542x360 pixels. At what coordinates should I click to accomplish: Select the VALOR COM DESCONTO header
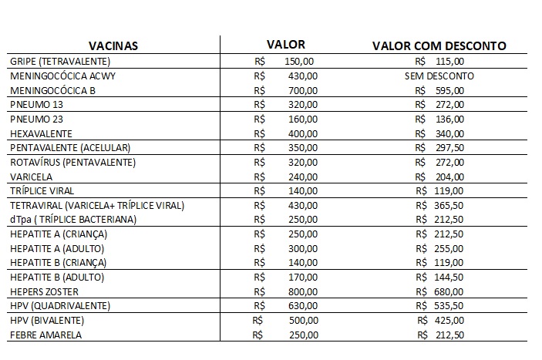pos(439,45)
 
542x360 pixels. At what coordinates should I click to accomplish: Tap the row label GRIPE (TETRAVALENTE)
pos(60,61)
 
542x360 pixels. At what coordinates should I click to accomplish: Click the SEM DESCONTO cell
pos(439,76)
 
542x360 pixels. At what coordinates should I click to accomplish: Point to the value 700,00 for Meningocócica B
pos(302,90)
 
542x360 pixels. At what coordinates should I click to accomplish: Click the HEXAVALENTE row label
pos(42,133)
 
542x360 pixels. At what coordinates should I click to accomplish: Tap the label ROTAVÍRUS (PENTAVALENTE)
pos(72,163)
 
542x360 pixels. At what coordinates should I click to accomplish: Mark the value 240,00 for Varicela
pos(302,177)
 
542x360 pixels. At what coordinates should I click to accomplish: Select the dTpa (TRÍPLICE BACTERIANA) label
pos(73,220)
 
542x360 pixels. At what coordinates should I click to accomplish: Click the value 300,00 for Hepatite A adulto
pos(302,249)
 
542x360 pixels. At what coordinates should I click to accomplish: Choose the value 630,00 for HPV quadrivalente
pos(302,306)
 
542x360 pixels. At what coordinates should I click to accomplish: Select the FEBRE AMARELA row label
pos(45,335)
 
